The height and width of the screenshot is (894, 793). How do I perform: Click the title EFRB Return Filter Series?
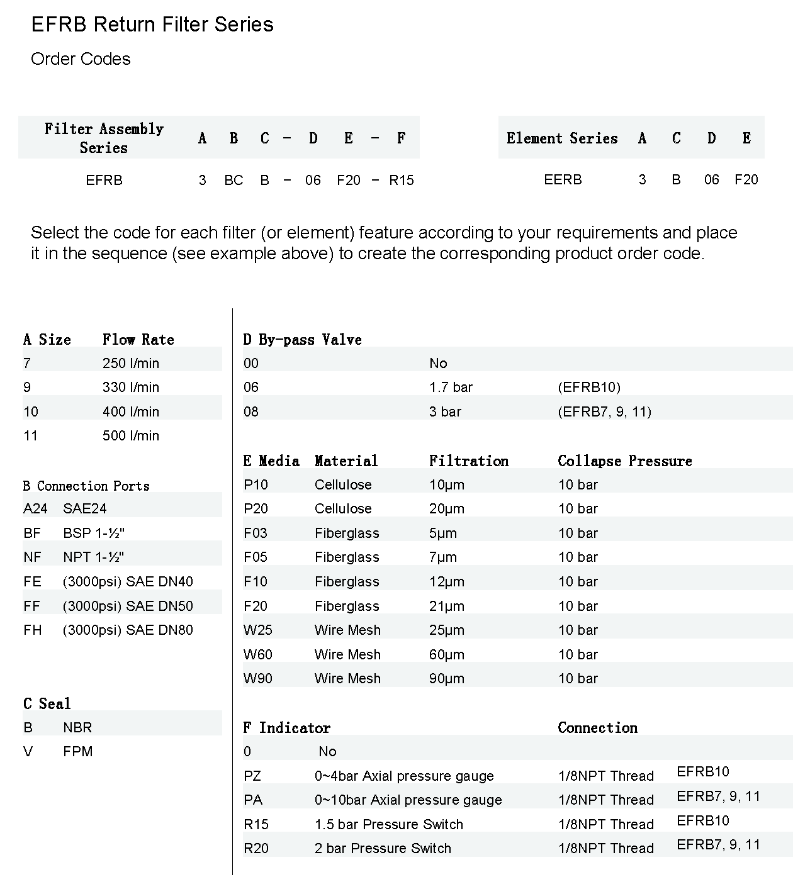pos(152,25)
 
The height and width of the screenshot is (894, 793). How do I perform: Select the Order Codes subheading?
pos(81,59)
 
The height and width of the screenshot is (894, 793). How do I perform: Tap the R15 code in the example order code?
pos(401,181)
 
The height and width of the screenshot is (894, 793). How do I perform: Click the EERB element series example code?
pos(563,180)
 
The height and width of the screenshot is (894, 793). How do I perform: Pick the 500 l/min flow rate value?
pos(131,436)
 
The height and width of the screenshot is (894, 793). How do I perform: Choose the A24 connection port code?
pos(35,508)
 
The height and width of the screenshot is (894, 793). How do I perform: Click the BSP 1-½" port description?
pos(94,533)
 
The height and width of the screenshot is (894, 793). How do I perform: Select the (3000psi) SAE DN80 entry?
pos(128,630)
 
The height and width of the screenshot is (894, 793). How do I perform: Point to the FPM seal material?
pos(77,752)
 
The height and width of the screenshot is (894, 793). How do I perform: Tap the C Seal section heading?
pos(47,703)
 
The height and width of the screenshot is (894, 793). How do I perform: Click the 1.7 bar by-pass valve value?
pos(451,388)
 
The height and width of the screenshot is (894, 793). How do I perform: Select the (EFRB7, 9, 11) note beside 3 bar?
pos(604,412)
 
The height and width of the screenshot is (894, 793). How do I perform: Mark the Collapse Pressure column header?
pos(624,461)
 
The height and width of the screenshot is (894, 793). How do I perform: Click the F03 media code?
pos(256,534)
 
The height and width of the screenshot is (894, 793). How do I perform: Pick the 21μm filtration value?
pos(447,606)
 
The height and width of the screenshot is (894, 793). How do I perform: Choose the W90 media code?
pos(258,679)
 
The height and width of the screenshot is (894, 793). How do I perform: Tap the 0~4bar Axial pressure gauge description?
pos(404,776)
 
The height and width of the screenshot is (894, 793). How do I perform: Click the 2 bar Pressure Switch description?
pos(383,849)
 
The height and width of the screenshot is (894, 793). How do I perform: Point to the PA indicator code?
pos(253,800)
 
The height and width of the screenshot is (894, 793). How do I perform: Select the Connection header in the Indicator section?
pos(597,728)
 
